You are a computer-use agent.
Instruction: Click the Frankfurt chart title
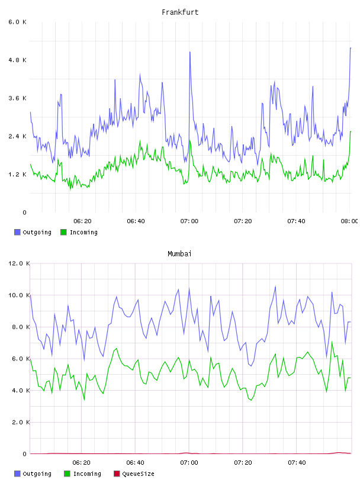point(180,12)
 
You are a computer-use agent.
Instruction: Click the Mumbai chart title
point(179,254)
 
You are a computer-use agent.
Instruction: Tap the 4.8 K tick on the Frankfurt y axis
point(17,60)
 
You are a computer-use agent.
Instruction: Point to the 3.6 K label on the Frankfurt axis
point(17,98)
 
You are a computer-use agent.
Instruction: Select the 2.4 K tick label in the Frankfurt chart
point(17,137)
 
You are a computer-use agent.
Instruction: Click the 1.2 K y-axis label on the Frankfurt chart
point(17,175)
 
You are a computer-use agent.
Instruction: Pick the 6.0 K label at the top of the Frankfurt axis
point(17,22)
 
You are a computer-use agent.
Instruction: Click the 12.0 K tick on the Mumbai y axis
point(19,263)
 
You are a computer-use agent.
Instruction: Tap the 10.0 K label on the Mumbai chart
point(19,295)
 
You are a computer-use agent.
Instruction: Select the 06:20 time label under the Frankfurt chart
point(82,221)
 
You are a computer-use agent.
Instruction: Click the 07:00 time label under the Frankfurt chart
point(189,221)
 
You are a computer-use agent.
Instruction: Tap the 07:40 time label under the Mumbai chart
point(297,463)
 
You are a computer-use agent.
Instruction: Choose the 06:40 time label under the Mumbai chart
point(136,463)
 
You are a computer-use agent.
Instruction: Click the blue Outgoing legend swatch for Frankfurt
point(17,232)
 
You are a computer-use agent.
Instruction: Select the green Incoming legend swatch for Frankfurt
point(63,232)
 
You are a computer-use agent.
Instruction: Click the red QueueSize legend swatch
point(117,474)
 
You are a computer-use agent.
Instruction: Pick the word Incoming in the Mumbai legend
point(87,474)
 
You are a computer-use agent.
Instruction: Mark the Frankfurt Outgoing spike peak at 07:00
point(190,52)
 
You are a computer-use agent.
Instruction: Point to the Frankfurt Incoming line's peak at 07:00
point(190,141)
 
